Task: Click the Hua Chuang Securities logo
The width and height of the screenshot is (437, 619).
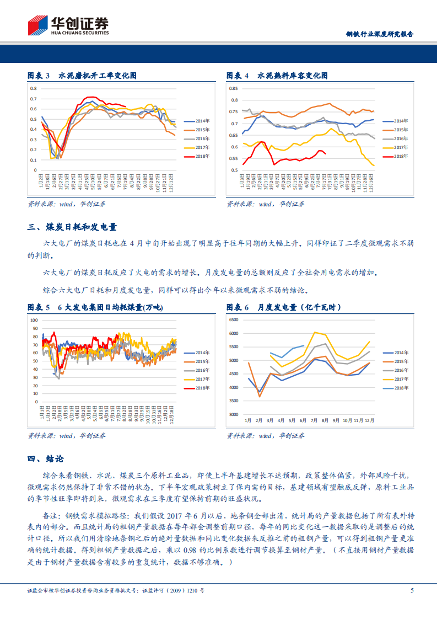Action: pyautogui.click(x=68, y=25)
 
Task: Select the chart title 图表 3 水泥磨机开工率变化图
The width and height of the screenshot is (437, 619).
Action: pyautogui.click(x=82, y=75)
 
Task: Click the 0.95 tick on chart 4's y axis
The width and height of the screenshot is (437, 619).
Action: pyautogui.click(x=233, y=88)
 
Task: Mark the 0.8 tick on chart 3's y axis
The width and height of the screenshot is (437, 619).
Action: pyautogui.click(x=33, y=88)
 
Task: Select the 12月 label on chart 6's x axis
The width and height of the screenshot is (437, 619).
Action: pyautogui.click(x=370, y=420)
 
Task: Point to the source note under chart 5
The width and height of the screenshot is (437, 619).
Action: pyautogui.click(x=67, y=436)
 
